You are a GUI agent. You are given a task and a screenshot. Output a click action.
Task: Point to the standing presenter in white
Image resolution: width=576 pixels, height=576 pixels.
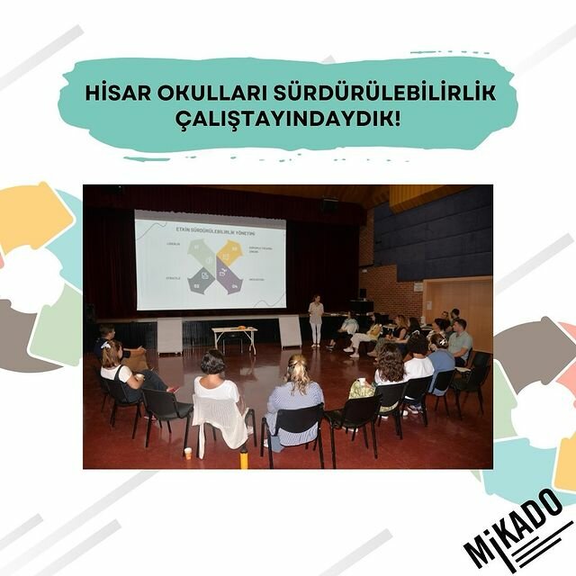[x=316, y=319]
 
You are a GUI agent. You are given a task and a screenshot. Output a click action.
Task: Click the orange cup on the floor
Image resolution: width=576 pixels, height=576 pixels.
[x=187, y=453]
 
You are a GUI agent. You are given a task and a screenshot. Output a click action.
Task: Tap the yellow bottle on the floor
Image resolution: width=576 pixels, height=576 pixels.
[x=243, y=458]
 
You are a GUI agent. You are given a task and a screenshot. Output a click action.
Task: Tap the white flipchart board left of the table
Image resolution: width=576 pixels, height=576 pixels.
[x=169, y=336]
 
